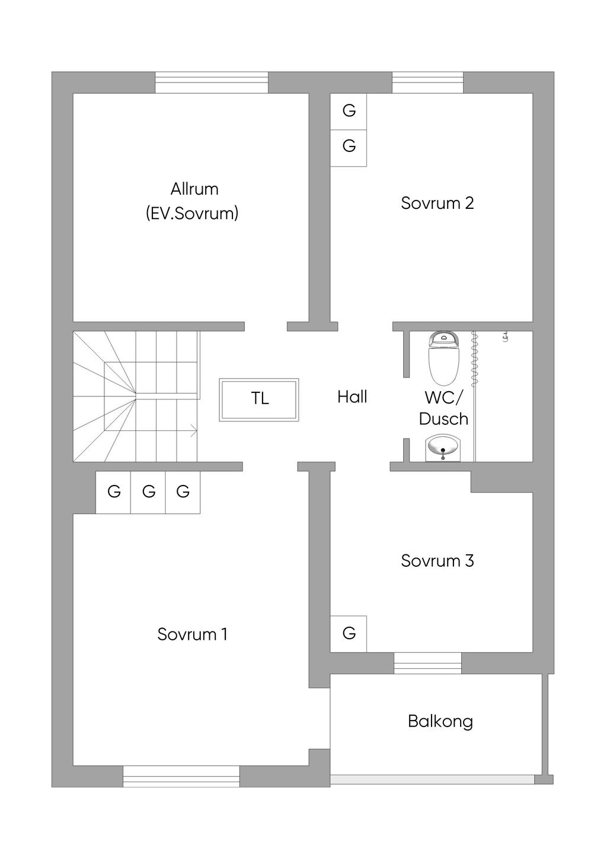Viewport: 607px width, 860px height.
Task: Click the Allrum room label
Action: pyautogui.click(x=194, y=189)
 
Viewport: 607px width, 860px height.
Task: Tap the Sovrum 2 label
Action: pyautogui.click(x=437, y=203)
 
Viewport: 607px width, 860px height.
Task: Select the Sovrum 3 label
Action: pyautogui.click(x=437, y=561)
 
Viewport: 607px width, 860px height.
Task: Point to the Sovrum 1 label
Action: pyautogui.click(x=192, y=634)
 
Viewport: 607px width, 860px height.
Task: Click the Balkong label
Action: pyautogui.click(x=440, y=722)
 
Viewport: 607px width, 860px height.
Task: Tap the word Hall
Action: pyautogui.click(x=352, y=397)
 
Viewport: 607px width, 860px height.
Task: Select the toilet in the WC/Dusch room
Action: pyautogui.click(x=443, y=358)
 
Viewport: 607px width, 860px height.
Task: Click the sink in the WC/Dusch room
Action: pyautogui.click(x=443, y=448)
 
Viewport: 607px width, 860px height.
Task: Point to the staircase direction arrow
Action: pyautogui.click(x=193, y=431)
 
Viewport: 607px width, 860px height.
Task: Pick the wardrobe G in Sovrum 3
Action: pyautogui.click(x=349, y=634)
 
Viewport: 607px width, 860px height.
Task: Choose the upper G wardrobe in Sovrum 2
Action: pyautogui.click(x=349, y=110)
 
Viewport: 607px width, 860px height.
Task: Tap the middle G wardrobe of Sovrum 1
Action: pyautogui.click(x=148, y=492)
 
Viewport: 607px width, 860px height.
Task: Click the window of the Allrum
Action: pyautogui.click(x=212, y=82)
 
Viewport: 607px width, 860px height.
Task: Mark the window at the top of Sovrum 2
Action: pyautogui.click(x=427, y=82)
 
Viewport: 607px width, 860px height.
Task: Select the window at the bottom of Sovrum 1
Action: pyautogui.click(x=181, y=776)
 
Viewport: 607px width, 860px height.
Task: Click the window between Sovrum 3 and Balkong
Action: pyautogui.click(x=427, y=663)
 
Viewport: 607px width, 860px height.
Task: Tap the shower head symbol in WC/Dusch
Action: pyautogui.click(x=506, y=337)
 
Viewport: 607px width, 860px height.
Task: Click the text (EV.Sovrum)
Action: pyautogui.click(x=192, y=213)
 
